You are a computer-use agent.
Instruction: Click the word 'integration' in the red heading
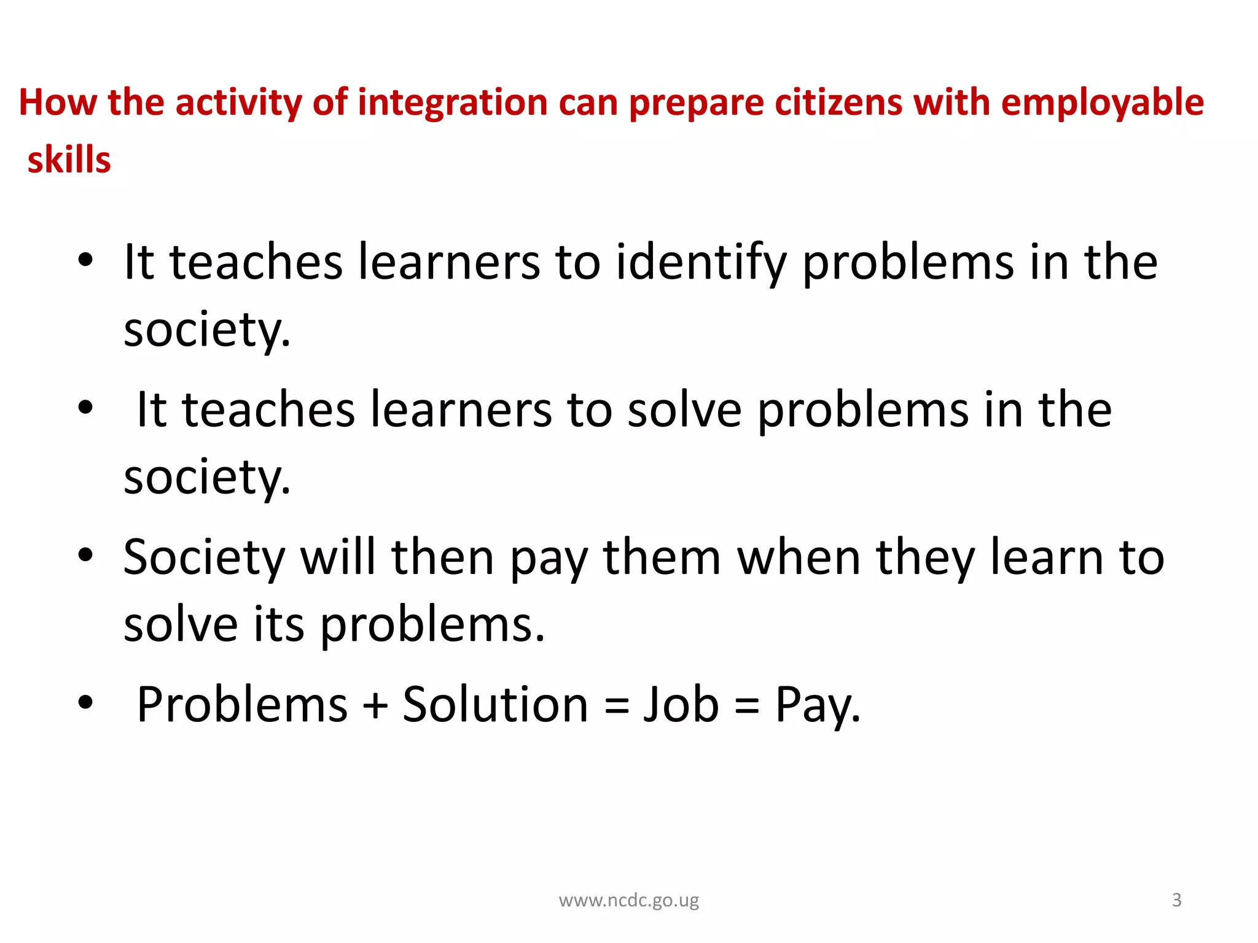452,103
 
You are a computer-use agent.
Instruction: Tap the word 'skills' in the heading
69,160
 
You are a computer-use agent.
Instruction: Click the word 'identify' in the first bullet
701,263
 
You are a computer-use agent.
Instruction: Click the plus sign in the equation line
375,705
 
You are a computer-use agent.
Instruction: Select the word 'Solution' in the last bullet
495,704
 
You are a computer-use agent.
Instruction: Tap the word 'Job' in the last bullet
681,704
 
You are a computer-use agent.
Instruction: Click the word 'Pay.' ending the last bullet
818,705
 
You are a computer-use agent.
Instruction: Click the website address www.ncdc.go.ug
628,900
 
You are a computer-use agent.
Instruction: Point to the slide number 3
1176,899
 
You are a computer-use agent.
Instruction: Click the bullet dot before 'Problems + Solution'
85,702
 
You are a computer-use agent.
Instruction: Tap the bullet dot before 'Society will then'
85,555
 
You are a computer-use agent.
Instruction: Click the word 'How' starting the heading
58,103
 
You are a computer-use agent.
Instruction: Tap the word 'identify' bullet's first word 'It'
139,263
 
